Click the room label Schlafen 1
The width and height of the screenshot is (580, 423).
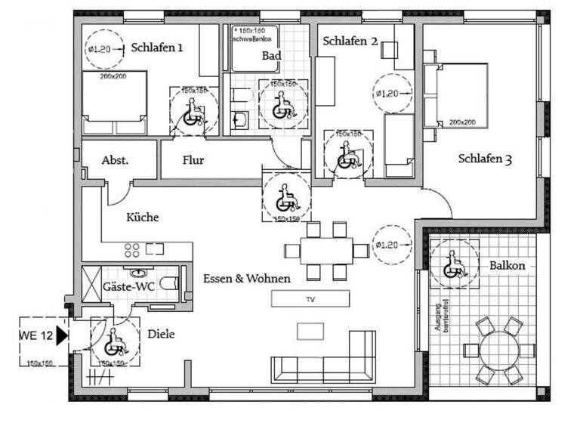[x=157, y=47]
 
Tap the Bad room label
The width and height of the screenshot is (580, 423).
[x=271, y=55]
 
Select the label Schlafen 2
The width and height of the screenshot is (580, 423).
[x=350, y=41]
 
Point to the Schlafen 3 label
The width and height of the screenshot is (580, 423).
[x=486, y=159]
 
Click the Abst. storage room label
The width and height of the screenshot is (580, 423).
[x=115, y=160]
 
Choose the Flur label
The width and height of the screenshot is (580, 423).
[x=193, y=160]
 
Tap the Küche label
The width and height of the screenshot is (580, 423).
[x=142, y=218]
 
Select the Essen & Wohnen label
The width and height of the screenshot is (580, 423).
[x=247, y=279]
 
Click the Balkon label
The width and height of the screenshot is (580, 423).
[x=507, y=266]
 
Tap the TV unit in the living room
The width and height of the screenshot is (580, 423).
[x=310, y=299]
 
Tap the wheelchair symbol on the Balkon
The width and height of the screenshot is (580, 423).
[x=454, y=265]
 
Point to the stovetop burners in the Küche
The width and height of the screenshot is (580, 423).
[x=131, y=250]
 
